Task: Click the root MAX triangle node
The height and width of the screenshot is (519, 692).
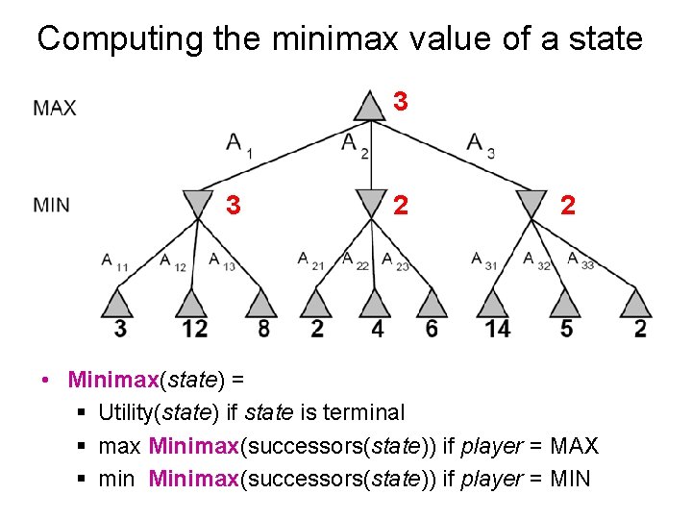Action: [369, 106]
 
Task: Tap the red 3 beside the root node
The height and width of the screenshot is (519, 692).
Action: [402, 101]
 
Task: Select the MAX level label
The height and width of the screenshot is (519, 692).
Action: [55, 108]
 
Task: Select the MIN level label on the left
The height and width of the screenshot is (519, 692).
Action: [51, 204]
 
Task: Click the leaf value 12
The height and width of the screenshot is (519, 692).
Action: [194, 329]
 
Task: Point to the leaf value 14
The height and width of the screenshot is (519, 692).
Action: [498, 329]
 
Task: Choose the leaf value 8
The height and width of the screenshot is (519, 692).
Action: [262, 329]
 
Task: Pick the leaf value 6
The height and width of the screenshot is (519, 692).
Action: [432, 329]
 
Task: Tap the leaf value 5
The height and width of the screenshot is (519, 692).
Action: [566, 329]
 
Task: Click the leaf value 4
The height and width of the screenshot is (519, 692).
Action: [378, 329]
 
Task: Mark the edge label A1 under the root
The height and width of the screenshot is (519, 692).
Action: [237, 145]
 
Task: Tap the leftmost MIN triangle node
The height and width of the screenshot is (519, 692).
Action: [198, 203]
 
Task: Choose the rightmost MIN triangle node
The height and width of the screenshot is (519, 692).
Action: [531, 203]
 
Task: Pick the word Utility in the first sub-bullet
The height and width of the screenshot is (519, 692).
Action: [128, 412]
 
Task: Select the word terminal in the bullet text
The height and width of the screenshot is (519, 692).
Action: [363, 412]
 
